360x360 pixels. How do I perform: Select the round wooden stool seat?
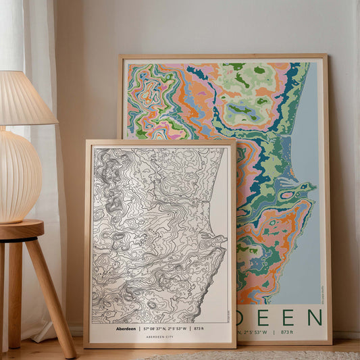pyautogui.click(x=21, y=229)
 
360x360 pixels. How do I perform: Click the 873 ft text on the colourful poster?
pyautogui.click(x=287, y=332)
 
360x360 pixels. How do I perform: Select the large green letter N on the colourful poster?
pyautogui.click(x=314, y=317)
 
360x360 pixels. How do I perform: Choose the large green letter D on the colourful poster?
pyautogui.click(x=242, y=317)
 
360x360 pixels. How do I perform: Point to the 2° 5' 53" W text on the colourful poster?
pyautogui.click(x=254, y=332)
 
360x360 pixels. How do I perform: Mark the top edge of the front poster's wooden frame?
pyautogui.click(x=159, y=142)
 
